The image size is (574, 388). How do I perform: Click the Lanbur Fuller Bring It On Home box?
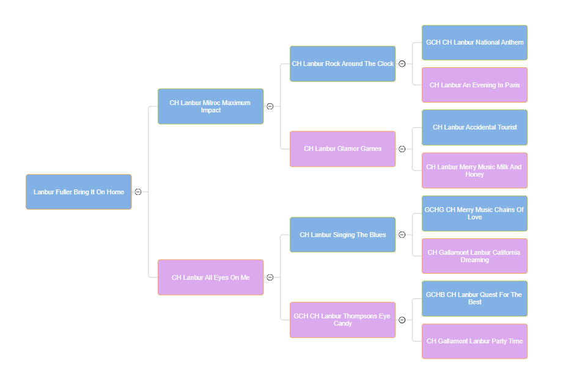[78, 192]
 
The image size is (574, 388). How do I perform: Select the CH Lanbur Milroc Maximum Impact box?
[210, 106]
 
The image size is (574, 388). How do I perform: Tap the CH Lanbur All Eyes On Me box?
[210, 277]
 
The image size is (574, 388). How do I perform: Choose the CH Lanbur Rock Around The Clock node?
[342, 64]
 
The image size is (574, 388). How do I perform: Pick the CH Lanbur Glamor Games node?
[342, 148]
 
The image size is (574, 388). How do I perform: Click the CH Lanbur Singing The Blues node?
[342, 235]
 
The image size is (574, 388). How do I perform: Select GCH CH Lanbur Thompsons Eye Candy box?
[342, 320]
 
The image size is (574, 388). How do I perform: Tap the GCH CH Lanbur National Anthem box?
[474, 43]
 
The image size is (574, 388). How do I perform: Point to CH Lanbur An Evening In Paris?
[474, 85]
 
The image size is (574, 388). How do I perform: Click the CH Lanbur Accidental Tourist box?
[474, 128]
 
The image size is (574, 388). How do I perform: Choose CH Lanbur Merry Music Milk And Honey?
[474, 170]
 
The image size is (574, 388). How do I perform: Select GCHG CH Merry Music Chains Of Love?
[474, 213]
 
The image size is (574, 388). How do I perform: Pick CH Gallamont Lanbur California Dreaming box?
[474, 256]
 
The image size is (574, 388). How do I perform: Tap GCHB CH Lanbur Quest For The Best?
[474, 298]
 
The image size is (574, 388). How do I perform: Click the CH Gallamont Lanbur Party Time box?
[474, 341]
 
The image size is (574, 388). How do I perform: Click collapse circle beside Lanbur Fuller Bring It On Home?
[138, 192]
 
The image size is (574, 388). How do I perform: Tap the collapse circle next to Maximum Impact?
[270, 106]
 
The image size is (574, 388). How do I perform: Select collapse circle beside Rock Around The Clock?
[402, 64]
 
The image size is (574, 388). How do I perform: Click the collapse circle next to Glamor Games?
[402, 148]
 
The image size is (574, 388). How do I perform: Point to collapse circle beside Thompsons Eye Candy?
[402, 320]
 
